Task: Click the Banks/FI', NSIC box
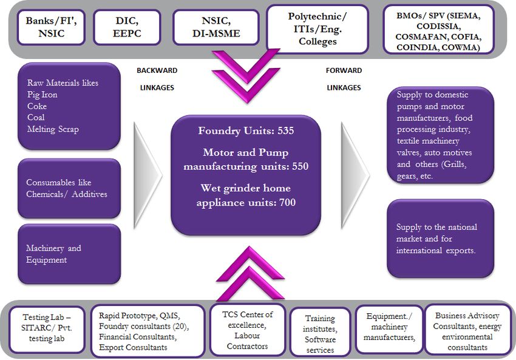coord(52,27)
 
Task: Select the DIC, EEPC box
coord(127,27)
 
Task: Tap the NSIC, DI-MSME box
coord(216,27)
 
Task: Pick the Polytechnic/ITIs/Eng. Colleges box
coord(317,29)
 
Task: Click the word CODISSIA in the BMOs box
coord(438,26)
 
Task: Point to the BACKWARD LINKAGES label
coord(157,79)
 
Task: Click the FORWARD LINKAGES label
coord(344,79)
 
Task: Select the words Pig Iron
coord(42,95)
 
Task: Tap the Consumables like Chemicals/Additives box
coord(69,189)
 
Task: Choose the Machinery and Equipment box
coord(69,254)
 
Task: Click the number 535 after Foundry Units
coord(285,131)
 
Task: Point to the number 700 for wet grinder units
coord(287,202)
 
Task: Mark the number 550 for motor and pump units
coord(300,166)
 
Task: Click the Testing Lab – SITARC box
coord(47,330)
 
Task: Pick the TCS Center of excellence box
coord(248,330)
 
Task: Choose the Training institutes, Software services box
coord(320,333)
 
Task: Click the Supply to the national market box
coord(440,239)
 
